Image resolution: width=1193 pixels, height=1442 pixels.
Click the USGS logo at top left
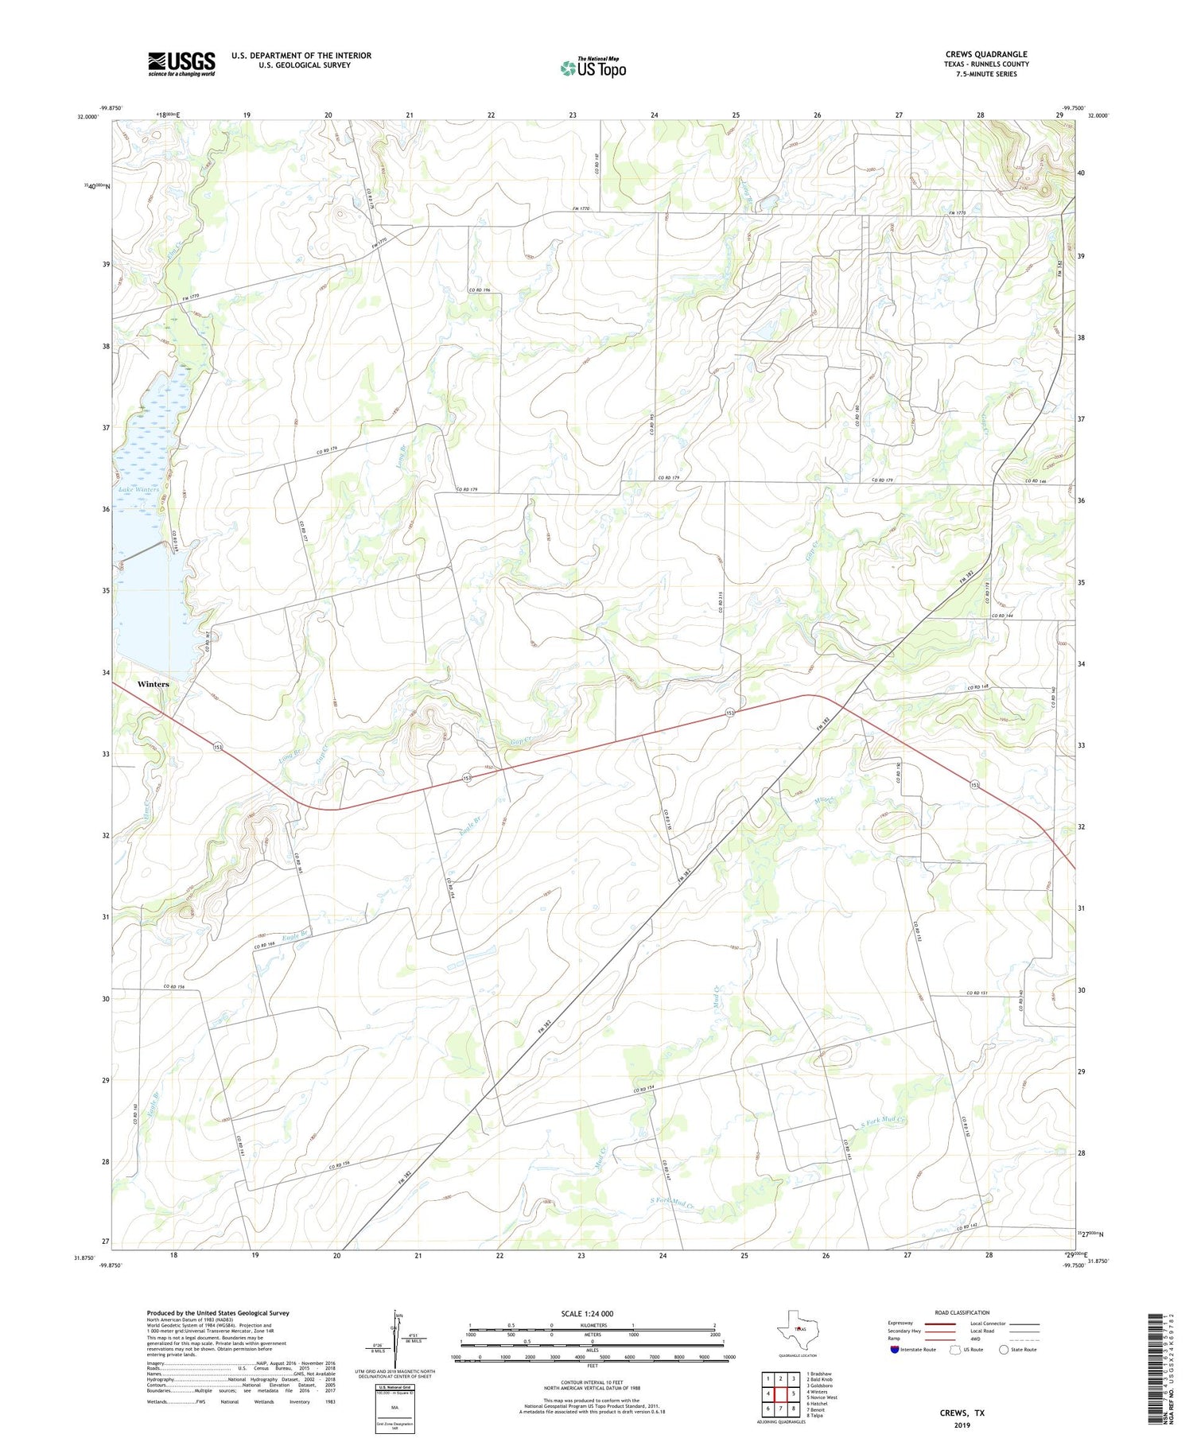coord(181,64)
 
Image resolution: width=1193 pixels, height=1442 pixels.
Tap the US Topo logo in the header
coord(593,68)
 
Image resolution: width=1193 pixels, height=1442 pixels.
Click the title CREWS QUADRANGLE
coord(985,54)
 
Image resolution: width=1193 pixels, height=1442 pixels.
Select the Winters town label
coord(153,684)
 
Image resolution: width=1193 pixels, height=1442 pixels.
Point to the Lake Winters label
coord(139,489)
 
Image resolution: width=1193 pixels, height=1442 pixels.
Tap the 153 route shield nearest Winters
coord(217,746)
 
